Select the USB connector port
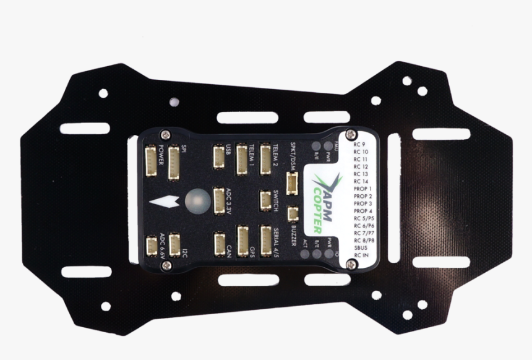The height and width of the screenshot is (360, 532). [x=218, y=156]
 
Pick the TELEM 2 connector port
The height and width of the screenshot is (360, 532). [x=265, y=159]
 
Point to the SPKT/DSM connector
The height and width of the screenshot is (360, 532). [x=292, y=183]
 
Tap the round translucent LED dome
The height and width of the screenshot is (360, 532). [x=197, y=200]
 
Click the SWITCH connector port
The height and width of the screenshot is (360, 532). [x=265, y=200]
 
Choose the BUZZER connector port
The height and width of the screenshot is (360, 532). [x=293, y=213]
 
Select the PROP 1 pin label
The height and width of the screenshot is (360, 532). [x=363, y=188]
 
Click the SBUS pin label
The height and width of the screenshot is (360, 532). [x=361, y=247]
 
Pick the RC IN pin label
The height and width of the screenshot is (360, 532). [x=361, y=254]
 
